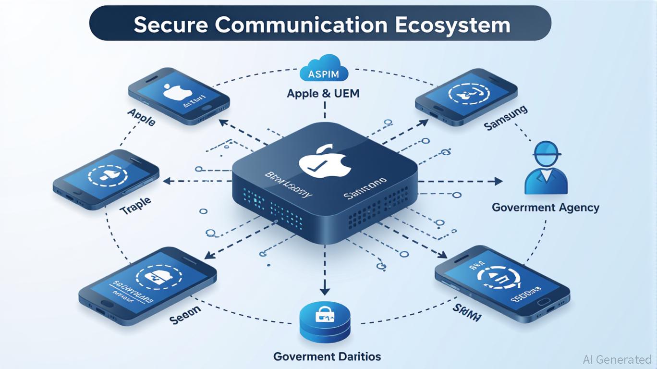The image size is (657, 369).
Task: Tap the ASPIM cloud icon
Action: (x=323, y=69)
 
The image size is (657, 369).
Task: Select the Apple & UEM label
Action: (x=323, y=93)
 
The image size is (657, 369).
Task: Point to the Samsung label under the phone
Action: (x=505, y=118)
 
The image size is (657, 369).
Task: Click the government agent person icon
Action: (x=547, y=168)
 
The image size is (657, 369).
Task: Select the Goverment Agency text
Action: (x=546, y=208)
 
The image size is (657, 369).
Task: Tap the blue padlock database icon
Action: (x=325, y=321)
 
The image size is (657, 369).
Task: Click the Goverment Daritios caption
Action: (x=327, y=357)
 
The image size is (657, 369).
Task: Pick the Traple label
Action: (x=135, y=204)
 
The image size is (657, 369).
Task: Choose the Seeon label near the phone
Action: (x=185, y=314)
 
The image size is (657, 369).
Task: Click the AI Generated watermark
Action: (x=617, y=359)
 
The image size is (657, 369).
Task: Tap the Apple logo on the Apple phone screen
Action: (x=174, y=92)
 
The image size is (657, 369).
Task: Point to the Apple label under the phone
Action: (x=141, y=117)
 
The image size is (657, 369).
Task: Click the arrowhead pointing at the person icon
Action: (x=498, y=182)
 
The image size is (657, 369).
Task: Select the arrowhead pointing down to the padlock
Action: (x=325, y=291)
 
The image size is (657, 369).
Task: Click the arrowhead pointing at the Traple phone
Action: (x=167, y=181)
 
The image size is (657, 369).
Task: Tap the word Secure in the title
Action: (x=170, y=25)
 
